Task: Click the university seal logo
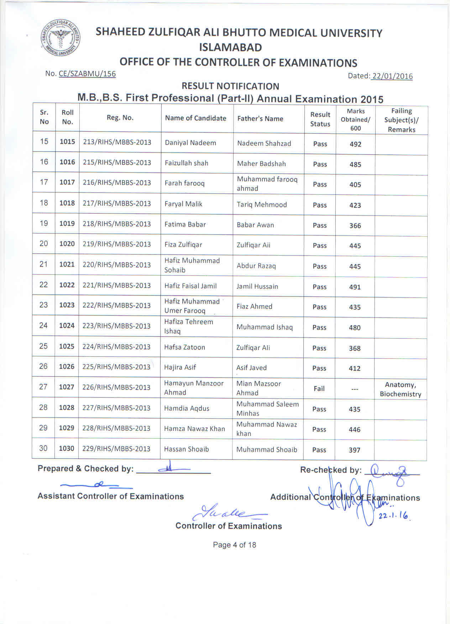coord(59,37)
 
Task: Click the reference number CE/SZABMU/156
coord(87,74)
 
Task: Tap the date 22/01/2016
coord(392,76)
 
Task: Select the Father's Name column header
coord(260,119)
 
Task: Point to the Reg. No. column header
coord(120,118)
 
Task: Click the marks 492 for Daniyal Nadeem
coord(355,144)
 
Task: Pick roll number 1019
coord(67,224)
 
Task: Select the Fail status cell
coord(319,389)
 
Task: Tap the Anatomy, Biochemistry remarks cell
coord(401,389)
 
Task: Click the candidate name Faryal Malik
coord(183,204)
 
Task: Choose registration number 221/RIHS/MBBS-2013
coord(116,285)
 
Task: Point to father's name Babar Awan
coord(255,225)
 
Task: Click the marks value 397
coord(355,450)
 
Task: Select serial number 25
coord(43,346)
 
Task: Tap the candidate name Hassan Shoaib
coord(187,449)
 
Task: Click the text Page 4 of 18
coord(234,545)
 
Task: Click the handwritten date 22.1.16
coord(393,515)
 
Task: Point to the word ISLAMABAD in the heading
coord(230,47)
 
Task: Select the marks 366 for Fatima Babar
coord(355,226)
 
